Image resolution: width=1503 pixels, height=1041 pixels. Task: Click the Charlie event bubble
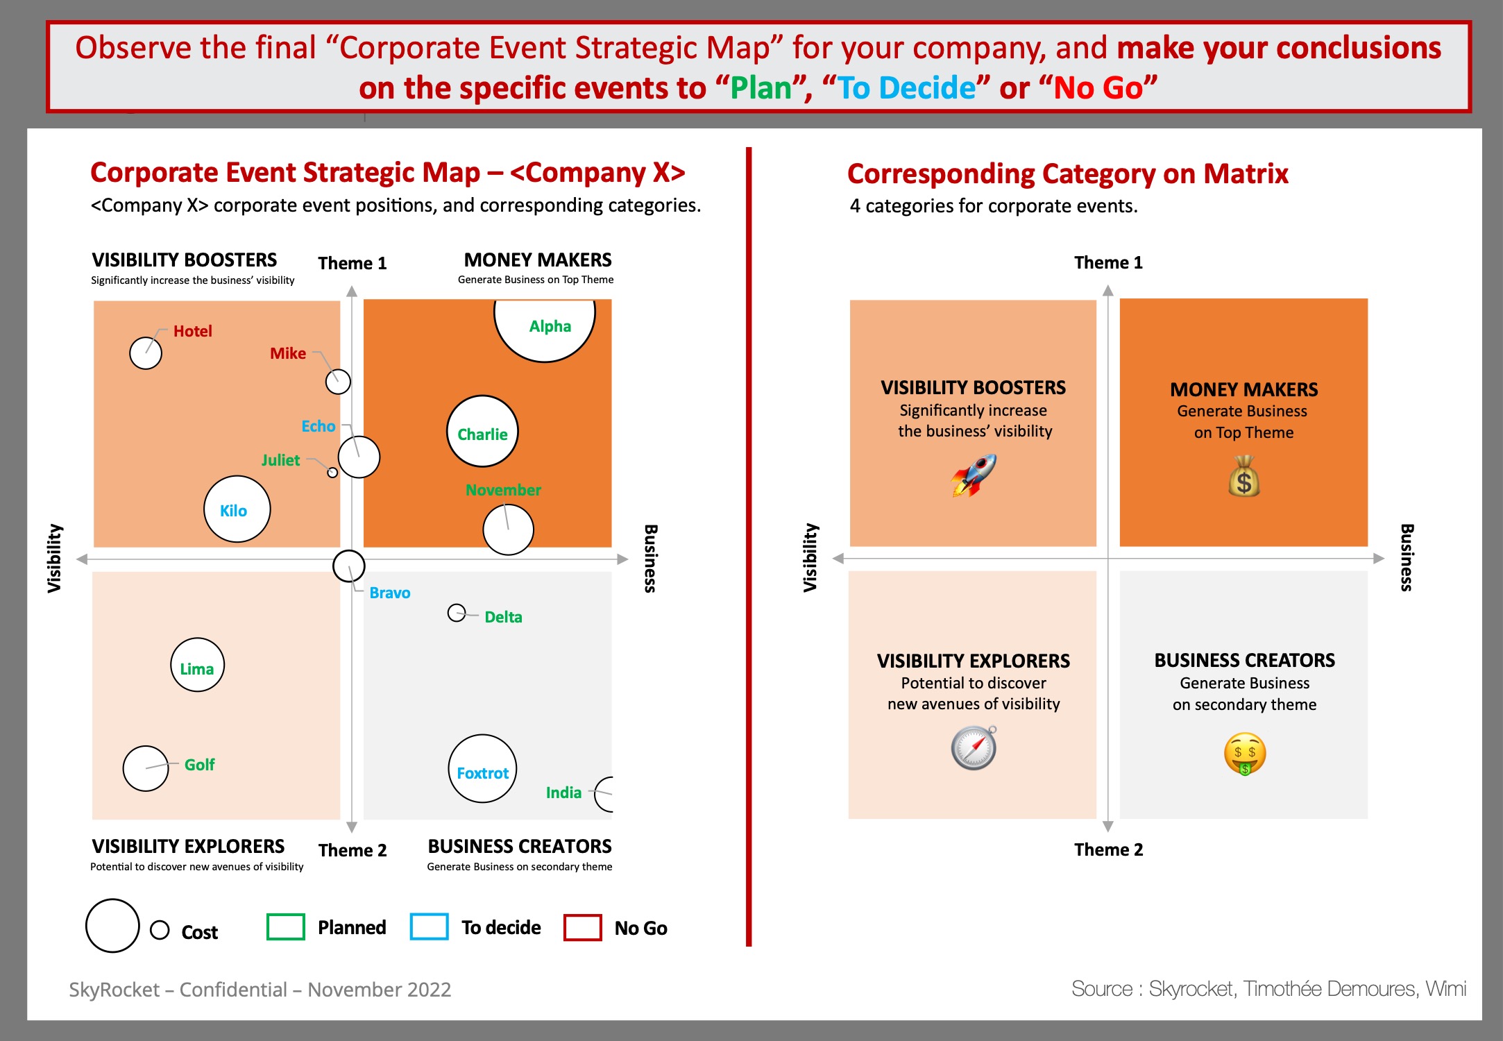point(482,431)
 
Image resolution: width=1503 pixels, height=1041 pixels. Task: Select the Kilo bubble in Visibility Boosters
point(237,509)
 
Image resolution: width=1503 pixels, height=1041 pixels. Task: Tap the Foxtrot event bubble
point(482,768)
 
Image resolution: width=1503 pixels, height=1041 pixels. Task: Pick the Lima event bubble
point(198,665)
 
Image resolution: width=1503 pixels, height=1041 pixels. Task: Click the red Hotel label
point(193,331)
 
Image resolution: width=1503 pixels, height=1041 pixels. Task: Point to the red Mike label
point(288,353)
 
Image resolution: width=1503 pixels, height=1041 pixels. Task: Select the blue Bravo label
point(390,593)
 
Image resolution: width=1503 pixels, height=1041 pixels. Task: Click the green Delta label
point(503,617)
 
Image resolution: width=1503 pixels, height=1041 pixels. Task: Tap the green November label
point(503,490)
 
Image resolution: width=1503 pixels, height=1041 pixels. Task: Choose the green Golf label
point(200,765)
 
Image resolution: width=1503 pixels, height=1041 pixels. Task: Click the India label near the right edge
point(563,793)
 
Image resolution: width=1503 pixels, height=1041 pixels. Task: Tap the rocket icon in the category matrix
point(974,475)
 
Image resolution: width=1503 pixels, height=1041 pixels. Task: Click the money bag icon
point(1244,476)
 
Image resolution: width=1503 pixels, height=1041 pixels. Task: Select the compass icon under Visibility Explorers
point(974,748)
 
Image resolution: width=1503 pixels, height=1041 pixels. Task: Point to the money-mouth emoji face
point(1245,754)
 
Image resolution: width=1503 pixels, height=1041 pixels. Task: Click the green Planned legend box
point(286,926)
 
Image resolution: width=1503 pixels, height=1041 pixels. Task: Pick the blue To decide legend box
point(430,926)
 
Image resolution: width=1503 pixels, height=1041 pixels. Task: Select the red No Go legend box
point(583,927)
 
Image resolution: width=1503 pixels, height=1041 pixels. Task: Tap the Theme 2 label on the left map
point(353,850)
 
